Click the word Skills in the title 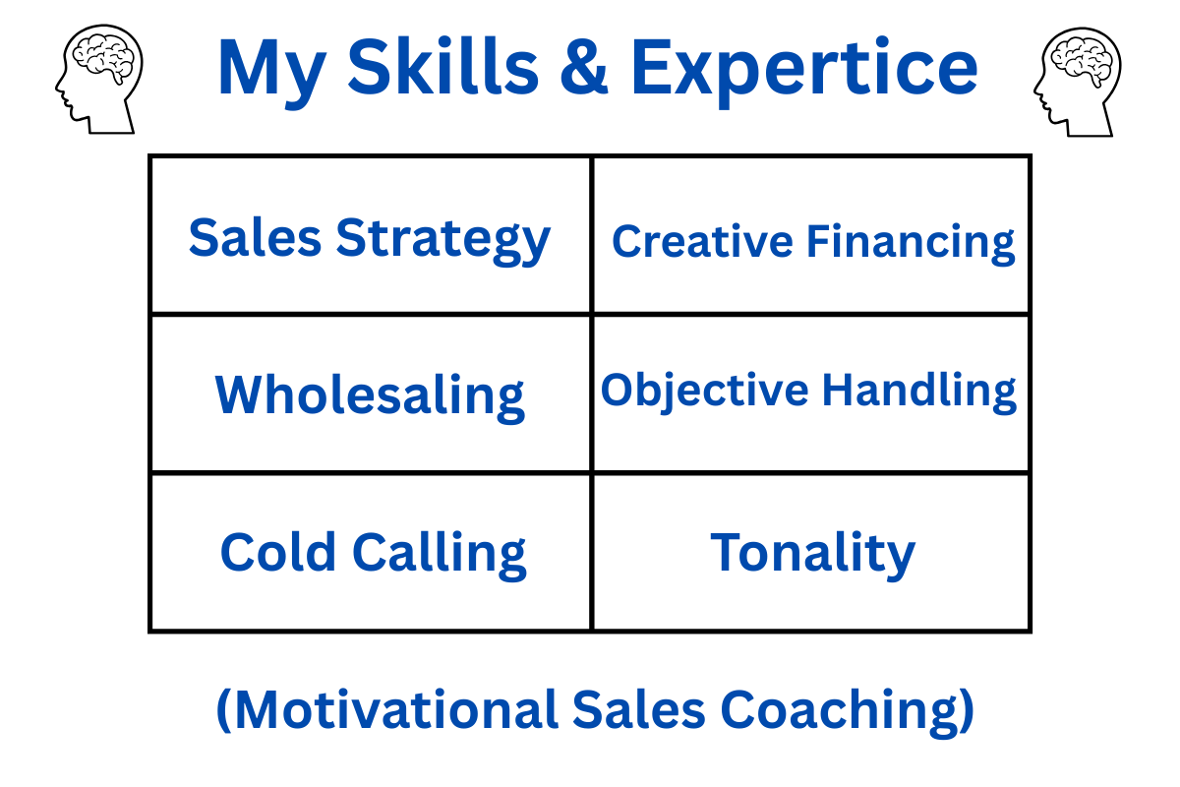[x=443, y=67]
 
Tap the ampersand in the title [x=584, y=67]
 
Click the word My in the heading [x=271, y=73]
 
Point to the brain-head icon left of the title [x=99, y=79]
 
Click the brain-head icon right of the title [x=1078, y=83]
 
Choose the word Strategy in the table [x=443, y=240]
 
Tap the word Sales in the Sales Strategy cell [x=255, y=238]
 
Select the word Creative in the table [x=702, y=241]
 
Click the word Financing [x=911, y=244]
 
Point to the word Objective [x=704, y=392]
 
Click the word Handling [x=919, y=392]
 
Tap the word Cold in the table [x=277, y=552]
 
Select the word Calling [x=440, y=556]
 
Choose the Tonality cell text [x=813, y=556]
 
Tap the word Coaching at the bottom [x=847, y=712]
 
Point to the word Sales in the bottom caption [x=638, y=709]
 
